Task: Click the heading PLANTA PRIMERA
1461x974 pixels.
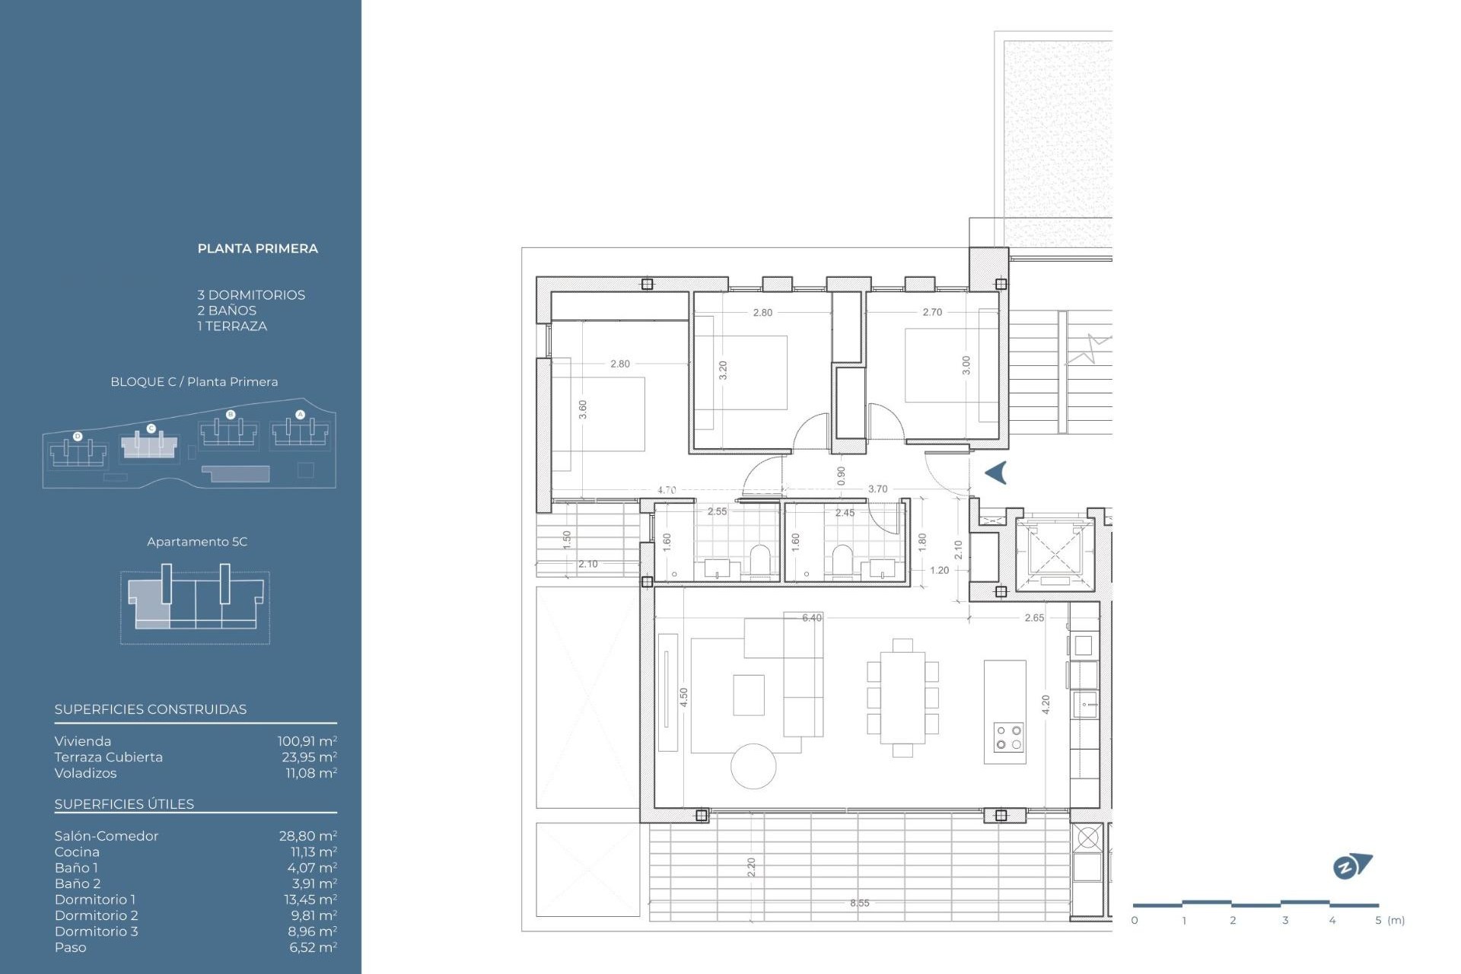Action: click(x=257, y=249)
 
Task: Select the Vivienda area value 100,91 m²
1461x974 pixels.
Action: click(x=307, y=741)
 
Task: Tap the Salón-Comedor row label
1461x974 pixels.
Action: click(x=107, y=836)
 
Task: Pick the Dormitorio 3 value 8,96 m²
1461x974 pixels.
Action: click(x=312, y=931)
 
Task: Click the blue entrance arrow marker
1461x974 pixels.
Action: click(x=996, y=473)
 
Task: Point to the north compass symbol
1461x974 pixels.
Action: click(x=1351, y=866)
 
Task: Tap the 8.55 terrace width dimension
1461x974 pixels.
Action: click(x=859, y=903)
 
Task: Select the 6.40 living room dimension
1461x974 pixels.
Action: click(x=811, y=618)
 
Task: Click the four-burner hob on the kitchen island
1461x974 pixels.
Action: click(x=1008, y=737)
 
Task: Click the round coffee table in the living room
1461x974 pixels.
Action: click(x=753, y=766)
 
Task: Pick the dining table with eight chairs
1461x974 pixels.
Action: click(x=902, y=698)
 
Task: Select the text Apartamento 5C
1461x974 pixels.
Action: click(x=197, y=542)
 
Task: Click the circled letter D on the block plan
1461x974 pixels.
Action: click(x=78, y=436)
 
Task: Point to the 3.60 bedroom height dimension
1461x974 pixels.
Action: click(x=583, y=409)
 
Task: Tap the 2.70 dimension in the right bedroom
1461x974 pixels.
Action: click(x=931, y=312)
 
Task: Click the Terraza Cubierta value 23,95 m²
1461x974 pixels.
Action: click(x=309, y=757)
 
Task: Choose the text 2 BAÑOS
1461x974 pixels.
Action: click(x=227, y=310)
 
